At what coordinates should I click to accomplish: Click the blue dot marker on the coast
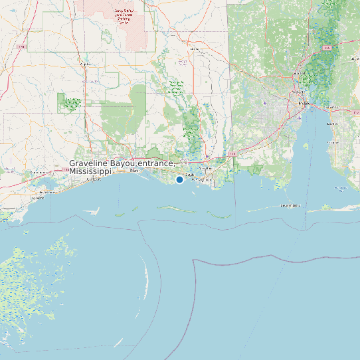[179, 179]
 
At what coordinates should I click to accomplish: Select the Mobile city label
[304, 104]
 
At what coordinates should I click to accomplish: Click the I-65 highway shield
[326, 48]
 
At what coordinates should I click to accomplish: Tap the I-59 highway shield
[22, 46]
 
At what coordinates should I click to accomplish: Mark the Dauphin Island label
[290, 206]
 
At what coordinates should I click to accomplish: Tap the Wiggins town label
[85, 64]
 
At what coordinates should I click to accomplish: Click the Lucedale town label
[195, 48]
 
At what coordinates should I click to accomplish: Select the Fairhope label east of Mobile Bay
[332, 141]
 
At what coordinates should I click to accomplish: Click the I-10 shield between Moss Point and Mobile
[232, 154]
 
